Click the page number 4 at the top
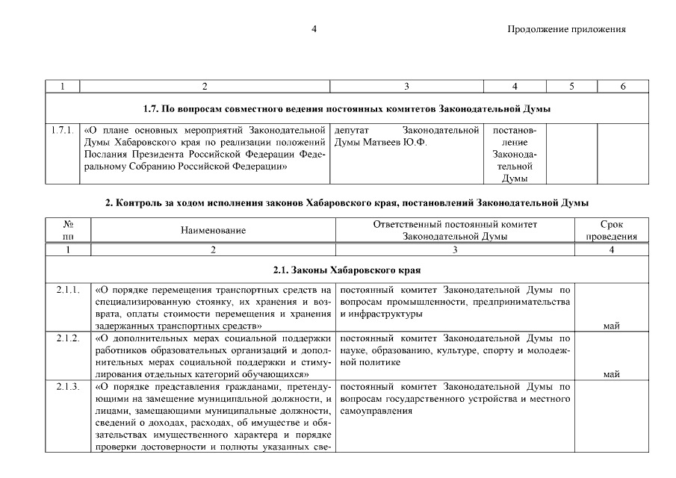[x=314, y=29]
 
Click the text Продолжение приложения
[x=566, y=29]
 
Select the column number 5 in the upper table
[x=571, y=87]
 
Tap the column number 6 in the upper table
[x=622, y=87]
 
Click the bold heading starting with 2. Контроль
[x=347, y=202]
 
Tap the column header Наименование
[x=213, y=231]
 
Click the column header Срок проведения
[x=611, y=231]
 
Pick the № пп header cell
[x=68, y=231]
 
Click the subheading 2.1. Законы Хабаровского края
[x=347, y=269]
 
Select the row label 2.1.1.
[x=68, y=289]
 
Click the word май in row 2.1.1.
[x=611, y=326]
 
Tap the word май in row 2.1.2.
[x=611, y=374]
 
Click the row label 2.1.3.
[x=68, y=387]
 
